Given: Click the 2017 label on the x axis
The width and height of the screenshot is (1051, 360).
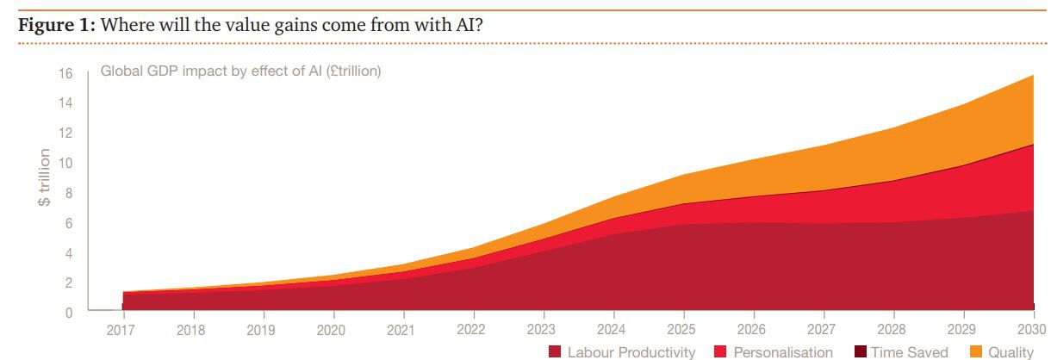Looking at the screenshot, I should pos(122,329).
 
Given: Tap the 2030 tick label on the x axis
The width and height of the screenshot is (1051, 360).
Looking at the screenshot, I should pos(1032,329).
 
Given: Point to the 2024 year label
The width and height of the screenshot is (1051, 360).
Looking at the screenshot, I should pos(612,329).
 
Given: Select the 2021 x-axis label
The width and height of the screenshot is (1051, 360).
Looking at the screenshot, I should pos(401,329).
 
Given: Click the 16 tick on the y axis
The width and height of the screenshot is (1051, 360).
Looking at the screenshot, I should pos(65,73).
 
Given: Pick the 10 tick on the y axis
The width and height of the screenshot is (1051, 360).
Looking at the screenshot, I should pos(65,164).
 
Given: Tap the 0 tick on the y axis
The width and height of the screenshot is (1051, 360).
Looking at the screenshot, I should pos(69,313).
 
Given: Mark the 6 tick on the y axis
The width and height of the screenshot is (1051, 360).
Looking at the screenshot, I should pos(69,223).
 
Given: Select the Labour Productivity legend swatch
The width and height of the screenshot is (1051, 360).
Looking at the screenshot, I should pos(555,351).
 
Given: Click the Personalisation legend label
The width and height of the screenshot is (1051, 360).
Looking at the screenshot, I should pos(782,352).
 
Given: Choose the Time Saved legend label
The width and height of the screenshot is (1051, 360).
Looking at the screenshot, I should pos(909,352).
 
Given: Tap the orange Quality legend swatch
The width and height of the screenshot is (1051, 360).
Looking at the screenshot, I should pos(976,351).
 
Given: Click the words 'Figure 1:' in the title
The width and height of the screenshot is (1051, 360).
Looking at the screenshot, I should pos(57,24).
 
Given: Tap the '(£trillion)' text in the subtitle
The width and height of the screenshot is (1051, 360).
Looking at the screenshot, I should pos(351,71).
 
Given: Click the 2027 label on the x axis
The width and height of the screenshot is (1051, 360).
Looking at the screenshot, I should pos(822,329).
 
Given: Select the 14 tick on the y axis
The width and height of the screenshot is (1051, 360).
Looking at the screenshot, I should pos(65,103).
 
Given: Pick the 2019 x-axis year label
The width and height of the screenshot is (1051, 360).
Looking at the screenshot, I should pos(262,329).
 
